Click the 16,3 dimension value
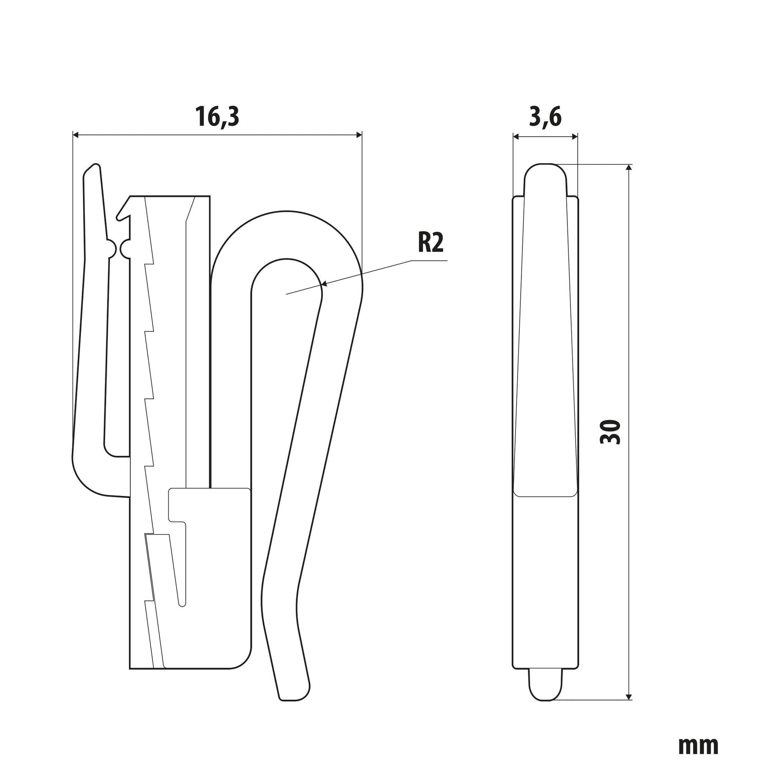tap(217, 116)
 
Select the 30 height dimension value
tap(610, 432)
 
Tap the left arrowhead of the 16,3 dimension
tap(77, 135)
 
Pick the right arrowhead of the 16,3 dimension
tap(358, 135)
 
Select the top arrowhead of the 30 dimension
tap(628, 169)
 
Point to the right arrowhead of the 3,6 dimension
tap(573, 136)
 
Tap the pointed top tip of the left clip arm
tap(95, 165)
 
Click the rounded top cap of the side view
tap(546, 174)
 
